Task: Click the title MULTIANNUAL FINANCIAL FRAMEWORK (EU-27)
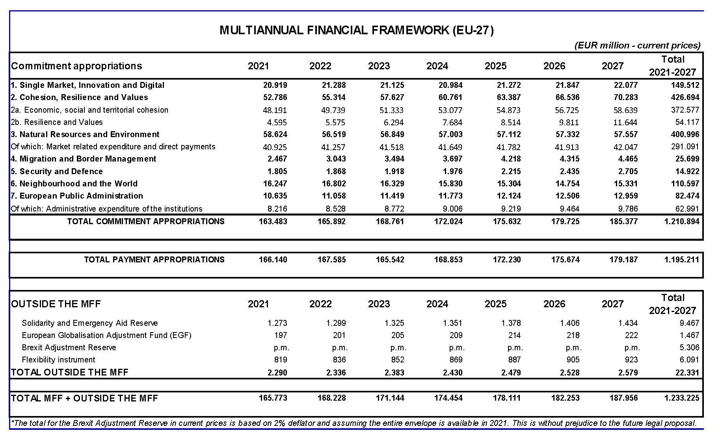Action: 356,30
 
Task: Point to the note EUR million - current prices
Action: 637,45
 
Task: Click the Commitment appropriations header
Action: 76,66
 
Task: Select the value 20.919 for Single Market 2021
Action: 275,85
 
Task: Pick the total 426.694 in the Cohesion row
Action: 685,97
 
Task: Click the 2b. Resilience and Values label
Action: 57,122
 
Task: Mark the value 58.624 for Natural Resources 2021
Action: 275,134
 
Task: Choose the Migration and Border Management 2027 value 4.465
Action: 626,159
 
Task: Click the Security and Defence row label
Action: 57,171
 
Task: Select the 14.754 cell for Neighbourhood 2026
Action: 567,184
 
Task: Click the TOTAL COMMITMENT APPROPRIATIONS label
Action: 146,221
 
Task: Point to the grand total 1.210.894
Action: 682,221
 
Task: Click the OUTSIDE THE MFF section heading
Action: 56,304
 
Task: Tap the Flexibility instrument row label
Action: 58,360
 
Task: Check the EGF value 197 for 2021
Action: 281,335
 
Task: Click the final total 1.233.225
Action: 682,398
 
